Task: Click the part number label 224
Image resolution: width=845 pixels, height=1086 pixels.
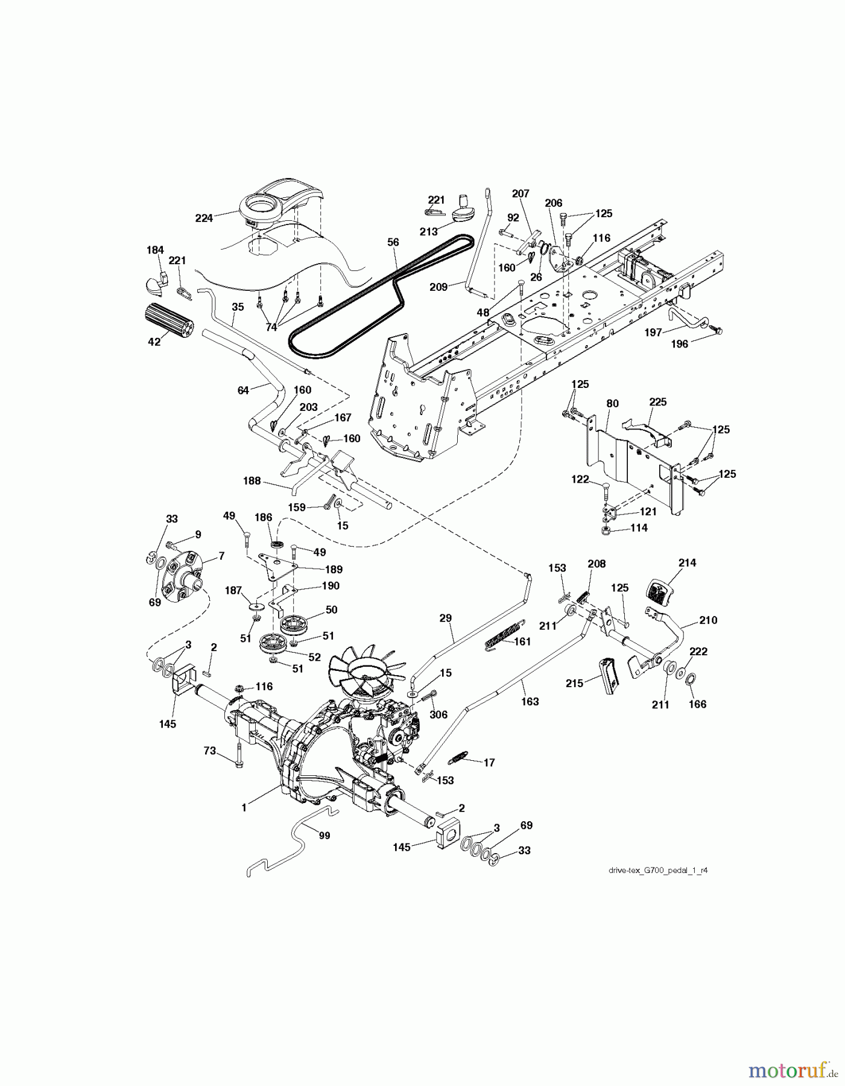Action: click(204, 218)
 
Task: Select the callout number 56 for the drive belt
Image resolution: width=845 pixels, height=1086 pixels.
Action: click(393, 242)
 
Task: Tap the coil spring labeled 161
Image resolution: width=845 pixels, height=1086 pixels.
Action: click(499, 641)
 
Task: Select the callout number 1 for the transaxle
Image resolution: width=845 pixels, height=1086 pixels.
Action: click(244, 808)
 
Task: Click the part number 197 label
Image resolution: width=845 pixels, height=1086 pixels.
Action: click(653, 332)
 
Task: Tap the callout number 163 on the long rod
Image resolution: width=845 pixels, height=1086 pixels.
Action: click(530, 701)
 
